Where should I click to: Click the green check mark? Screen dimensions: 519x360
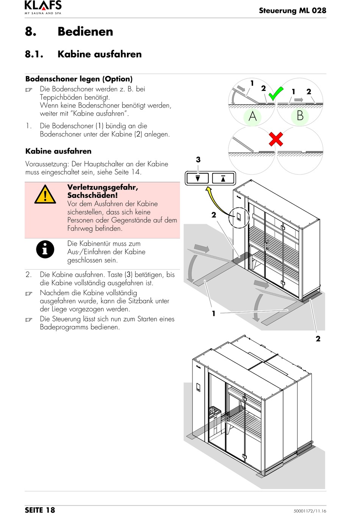[x=275, y=93]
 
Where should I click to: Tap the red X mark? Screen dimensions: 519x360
[x=276, y=139]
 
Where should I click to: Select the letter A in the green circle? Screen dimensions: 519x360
[x=252, y=116]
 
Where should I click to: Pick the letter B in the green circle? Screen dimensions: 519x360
[x=300, y=115]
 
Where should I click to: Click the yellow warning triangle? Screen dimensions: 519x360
[x=45, y=195]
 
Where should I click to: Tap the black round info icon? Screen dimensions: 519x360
[x=45, y=249]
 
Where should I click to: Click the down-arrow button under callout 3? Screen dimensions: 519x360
[x=197, y=178]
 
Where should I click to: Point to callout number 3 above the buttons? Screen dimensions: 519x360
[x=198, y=160]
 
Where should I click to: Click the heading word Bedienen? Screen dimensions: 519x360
[x=85, y=31]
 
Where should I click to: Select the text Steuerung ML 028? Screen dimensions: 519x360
[x=292, y=11]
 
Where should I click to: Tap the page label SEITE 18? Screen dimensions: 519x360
[x=40, y=510]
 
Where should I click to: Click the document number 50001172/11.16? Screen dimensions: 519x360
[x=310, y=511]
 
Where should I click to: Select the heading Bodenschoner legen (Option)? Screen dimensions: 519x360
[x=79, y=79]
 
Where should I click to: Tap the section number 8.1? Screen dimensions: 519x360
[x=34, y=54]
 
